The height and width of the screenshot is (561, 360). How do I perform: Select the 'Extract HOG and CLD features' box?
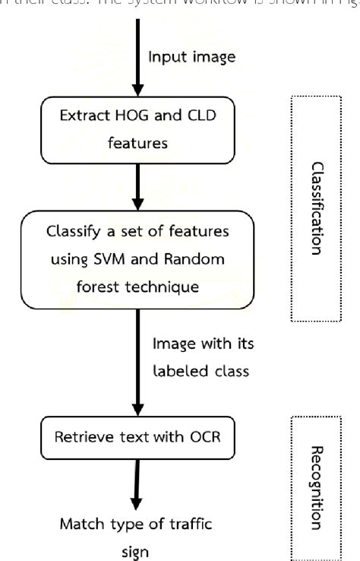pyautogui.click(x=137, y=129)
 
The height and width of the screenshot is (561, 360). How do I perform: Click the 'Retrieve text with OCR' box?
pyautogui.click(x=137, y=437)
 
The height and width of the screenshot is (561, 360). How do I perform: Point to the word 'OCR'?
pyautogui.click(x=201, y=437)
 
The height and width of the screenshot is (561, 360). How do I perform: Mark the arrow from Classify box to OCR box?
pyautogui.click(x=137, y=365)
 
